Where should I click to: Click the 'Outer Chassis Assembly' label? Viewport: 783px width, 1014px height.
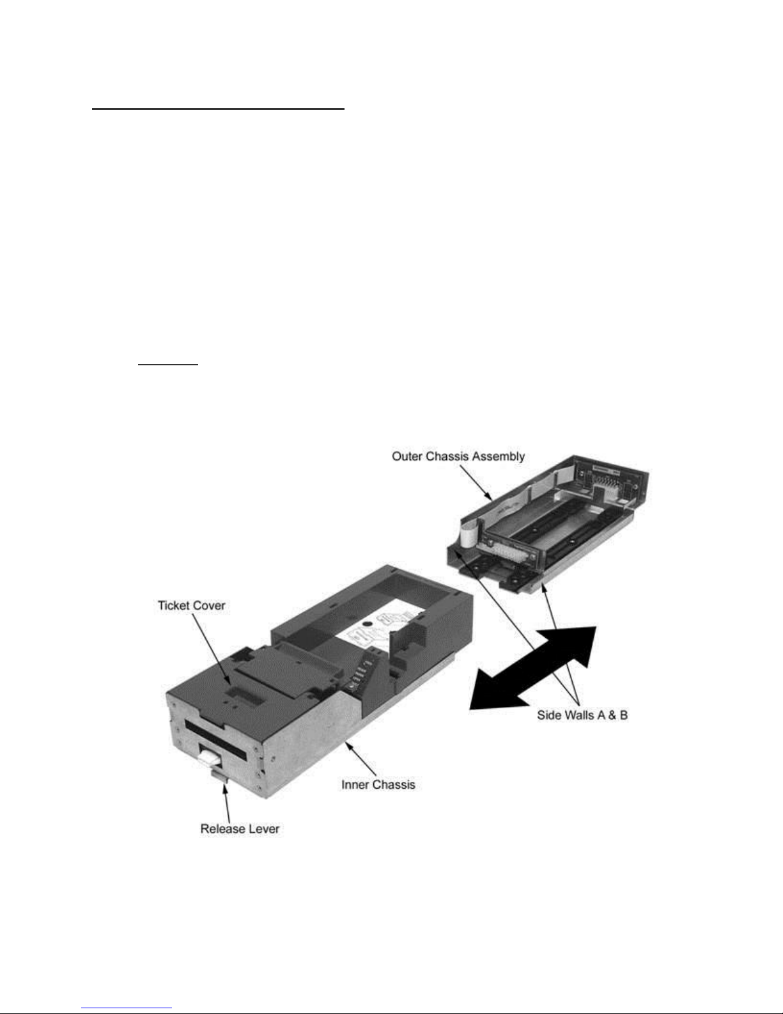pyautogui.click(x=458, y=456)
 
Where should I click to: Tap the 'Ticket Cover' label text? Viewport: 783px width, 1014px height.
pyautogui.click(x=191, y=605)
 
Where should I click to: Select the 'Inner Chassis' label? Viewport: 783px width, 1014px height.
pyautogui.click(x=378, y=784)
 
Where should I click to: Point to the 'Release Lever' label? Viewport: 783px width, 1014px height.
pyautogui.click(x=240, y=829)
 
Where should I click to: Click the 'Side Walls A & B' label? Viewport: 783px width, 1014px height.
pyautogui.click(x=582, y=715)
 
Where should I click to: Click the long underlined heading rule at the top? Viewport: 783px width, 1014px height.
pyautogui.click(x=218, y=109)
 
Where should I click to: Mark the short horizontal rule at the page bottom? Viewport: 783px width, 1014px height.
pyautogui.click(x=127, y=1008)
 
